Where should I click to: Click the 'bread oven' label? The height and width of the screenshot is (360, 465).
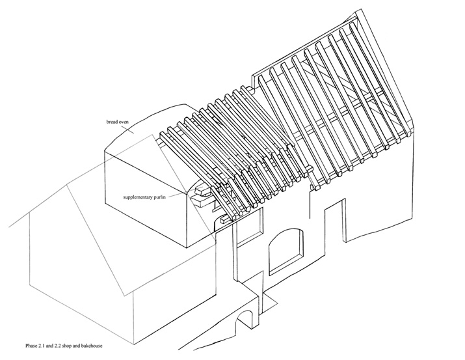click(118, 122)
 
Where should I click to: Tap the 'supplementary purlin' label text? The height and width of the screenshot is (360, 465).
click(144, 197)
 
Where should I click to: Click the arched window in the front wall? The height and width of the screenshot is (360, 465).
click(286, 251)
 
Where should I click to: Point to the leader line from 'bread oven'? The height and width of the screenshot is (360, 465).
click(131, 130)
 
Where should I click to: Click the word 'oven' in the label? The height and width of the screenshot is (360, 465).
click(124, 122)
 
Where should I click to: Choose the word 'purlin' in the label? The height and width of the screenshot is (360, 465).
click(159, 197)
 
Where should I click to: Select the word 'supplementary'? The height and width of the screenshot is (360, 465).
click(137, 197)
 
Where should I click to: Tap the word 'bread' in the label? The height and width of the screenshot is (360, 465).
click(111, 122)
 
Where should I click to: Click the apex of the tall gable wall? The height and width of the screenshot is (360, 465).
click(362, 9)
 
